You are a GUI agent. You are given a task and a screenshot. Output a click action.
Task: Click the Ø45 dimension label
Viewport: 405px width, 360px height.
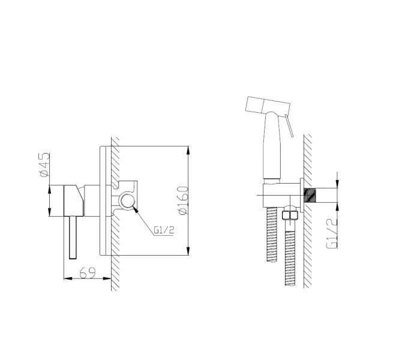click(44, 165)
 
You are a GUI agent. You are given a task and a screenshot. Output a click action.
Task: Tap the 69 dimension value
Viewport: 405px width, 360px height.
click(88, 273)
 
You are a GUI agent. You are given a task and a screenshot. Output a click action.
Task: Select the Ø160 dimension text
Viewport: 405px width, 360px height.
click(183, 200)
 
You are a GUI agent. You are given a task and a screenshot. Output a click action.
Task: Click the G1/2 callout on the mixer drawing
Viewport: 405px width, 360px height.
click(164, 230)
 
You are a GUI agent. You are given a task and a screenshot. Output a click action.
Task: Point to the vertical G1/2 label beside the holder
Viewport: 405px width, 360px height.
click(332, 233)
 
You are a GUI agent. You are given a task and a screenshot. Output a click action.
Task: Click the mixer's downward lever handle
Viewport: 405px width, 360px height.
click(73, 237)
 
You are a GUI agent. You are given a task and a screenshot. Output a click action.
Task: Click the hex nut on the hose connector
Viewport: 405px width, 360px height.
click(290, 215)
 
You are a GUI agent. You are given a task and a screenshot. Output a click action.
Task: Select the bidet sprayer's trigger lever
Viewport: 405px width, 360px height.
click(289, 125)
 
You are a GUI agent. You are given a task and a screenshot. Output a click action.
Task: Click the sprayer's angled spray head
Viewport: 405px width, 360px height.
click(268, 105)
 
